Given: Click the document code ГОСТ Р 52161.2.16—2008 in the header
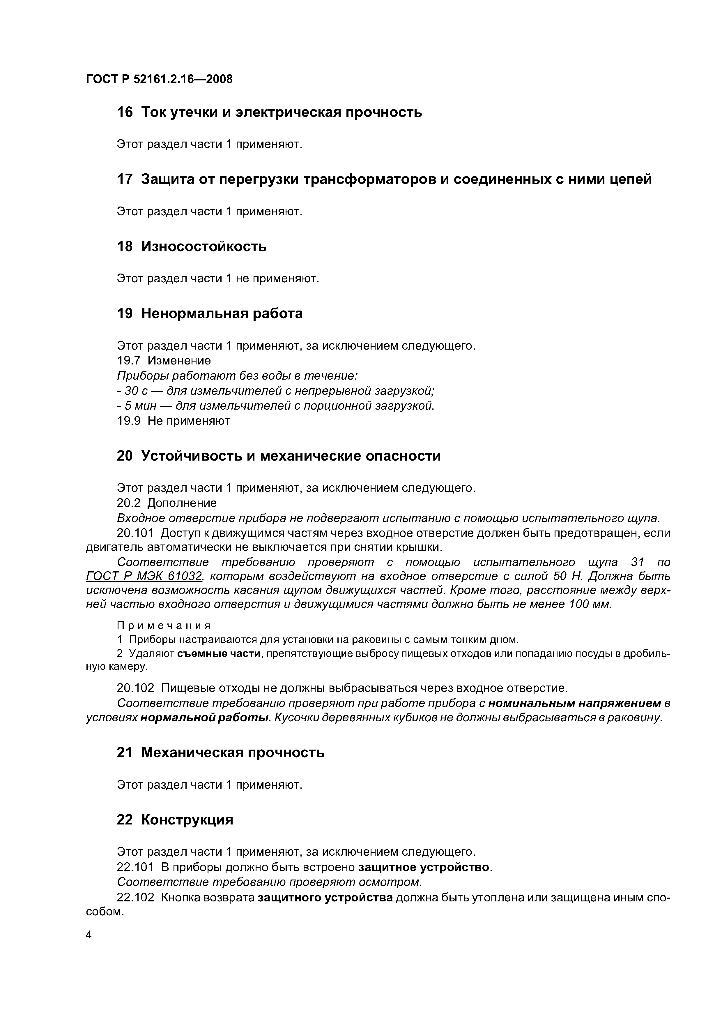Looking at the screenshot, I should pos(159,79).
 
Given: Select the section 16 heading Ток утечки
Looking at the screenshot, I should pos(269,112).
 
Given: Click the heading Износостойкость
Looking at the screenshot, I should pos(204,246).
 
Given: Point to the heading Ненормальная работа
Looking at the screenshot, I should pos(222,313).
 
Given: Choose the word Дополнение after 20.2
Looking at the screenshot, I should pos(182,503).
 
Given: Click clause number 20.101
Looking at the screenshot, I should pos(135,533).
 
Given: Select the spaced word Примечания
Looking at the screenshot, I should pos(163,626).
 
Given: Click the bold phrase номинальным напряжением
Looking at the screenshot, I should pos(574,703).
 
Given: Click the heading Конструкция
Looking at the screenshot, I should pos(187,820).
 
